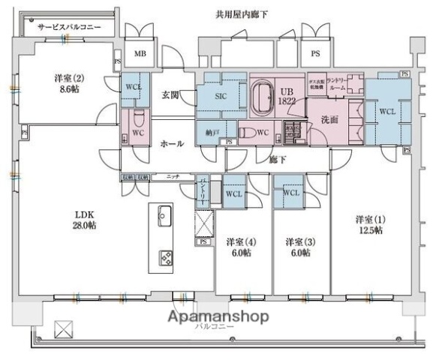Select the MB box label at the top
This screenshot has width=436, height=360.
click(140, 54)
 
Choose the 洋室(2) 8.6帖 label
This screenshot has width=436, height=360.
click(65, 82)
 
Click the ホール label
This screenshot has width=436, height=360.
click(172, 143)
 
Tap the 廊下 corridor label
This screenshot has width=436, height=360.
click(279, 159)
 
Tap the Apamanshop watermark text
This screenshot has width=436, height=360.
click(217, 316)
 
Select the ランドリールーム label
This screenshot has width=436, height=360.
click(338, 84)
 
